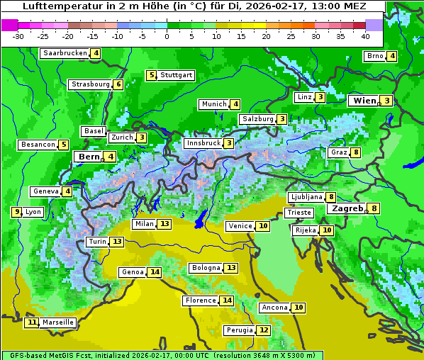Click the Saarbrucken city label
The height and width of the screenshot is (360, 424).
65,53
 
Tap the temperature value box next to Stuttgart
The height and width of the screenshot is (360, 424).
151,75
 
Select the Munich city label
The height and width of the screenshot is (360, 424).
214,104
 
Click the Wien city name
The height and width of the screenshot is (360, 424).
364,101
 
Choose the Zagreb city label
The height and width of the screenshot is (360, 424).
347,208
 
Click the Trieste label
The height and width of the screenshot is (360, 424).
299,213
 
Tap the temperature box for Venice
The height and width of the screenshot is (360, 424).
264,226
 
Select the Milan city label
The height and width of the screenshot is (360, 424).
144,224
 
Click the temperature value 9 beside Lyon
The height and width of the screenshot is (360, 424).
16,212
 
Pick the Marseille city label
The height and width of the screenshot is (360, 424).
57,322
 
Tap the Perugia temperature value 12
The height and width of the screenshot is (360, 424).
264,330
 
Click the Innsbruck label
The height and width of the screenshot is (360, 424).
203,143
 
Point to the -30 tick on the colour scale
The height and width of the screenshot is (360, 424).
18,36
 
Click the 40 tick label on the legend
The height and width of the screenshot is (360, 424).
365,36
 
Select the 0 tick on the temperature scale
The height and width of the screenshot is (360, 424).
167,36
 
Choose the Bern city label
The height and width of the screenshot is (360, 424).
89,157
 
